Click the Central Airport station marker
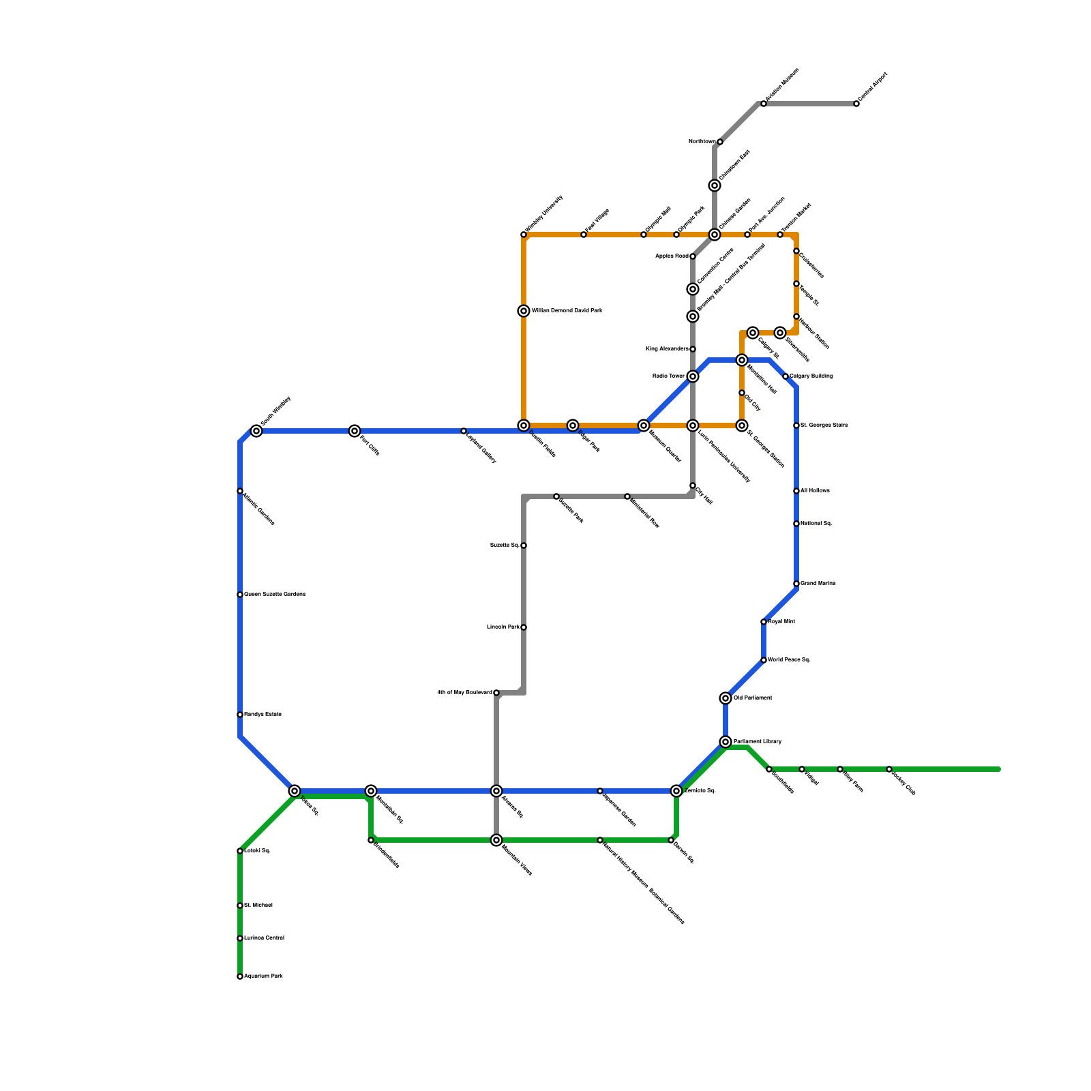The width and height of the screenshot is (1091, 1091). pos(856,104)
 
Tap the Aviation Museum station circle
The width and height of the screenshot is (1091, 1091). pos(764,104)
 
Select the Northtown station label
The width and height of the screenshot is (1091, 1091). pos(702,142)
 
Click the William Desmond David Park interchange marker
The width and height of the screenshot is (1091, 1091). pos(524,311)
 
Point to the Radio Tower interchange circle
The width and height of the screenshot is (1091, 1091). pos(693,376)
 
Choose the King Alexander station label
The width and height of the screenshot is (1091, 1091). pos(666,349)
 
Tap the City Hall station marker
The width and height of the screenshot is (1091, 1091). pos(693,486)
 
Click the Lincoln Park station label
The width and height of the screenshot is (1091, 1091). pos(503,627)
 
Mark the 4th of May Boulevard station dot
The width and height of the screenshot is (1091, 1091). pos(496,693)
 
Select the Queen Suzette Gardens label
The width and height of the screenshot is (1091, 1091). pos(275,595)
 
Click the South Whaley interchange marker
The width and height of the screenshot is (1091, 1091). pos(256,431)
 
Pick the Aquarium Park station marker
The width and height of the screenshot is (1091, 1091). pos(240,976)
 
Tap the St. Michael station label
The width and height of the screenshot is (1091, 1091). pos(258,906)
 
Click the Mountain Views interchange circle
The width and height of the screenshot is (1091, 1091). pos(496,840)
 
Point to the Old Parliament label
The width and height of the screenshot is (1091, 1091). pos(753,698)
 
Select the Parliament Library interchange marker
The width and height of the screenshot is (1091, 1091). pos(726,742)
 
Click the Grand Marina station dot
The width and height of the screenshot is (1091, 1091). pos(796,584)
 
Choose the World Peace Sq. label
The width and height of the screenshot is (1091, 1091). pos(789,660)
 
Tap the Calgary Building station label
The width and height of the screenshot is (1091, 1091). pos(811,376)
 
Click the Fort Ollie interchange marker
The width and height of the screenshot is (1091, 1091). pos(355,431)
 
